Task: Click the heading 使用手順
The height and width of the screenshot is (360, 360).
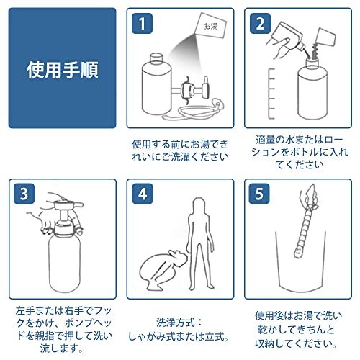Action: (63, 70)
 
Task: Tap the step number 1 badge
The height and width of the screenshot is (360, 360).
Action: (142, 24)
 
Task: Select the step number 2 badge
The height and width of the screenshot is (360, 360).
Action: (260, 24)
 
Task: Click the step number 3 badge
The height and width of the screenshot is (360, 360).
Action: (24, 194)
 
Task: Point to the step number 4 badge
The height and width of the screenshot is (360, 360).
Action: (143, 194)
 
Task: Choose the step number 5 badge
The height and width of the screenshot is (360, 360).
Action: (259, 194)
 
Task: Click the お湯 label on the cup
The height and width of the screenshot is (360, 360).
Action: (211, 26)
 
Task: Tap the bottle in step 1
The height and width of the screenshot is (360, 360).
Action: (156, 85)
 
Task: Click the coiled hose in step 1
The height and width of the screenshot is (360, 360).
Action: (192, 112)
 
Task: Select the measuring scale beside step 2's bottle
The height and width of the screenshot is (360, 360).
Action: (271, 94)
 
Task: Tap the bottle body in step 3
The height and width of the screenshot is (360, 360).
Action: (64, 263)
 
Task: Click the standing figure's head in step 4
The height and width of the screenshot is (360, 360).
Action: (199, 205)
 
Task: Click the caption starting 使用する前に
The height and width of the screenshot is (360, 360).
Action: (180, 150)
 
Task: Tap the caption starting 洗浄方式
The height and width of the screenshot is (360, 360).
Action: (179, 329)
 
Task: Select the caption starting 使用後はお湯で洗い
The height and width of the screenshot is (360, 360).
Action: (297, 329)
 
